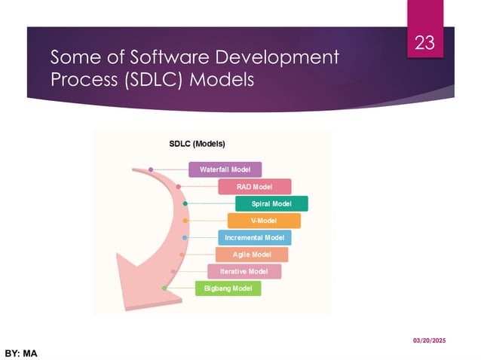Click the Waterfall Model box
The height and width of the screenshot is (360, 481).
coord(225,169)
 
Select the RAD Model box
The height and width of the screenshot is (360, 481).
coord(254,187)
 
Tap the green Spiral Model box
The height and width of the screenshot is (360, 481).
coord(271,204)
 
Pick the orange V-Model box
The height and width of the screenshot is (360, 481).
coord(264,221)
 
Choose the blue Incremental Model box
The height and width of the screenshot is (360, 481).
coord(254,237)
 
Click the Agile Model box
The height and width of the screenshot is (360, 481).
coord(251,255)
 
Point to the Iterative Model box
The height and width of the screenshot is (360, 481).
coord(244,271)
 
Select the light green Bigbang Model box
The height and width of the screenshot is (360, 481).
coord(228,288)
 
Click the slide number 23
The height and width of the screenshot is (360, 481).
coord(424,44)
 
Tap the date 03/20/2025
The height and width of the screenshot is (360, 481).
coord(428,341)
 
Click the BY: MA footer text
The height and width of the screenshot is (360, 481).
coord(21,352)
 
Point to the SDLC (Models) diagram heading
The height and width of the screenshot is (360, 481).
coord(196,143)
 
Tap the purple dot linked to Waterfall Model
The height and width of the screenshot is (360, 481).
coord(151,169)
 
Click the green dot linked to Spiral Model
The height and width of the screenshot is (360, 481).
coord(185,204)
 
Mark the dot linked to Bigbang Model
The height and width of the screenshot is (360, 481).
coord(164,288)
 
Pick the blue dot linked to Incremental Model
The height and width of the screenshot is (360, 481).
coord(185,238)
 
